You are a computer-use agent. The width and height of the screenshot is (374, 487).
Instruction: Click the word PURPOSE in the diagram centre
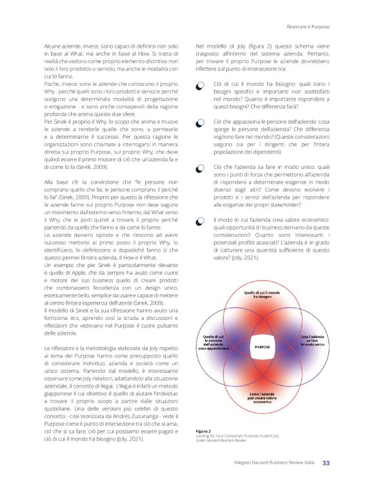click(262, 346)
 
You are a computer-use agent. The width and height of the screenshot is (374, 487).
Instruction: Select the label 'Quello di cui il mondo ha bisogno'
click(262, 295)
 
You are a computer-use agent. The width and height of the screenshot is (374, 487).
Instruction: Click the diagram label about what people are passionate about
click(213, 341)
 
